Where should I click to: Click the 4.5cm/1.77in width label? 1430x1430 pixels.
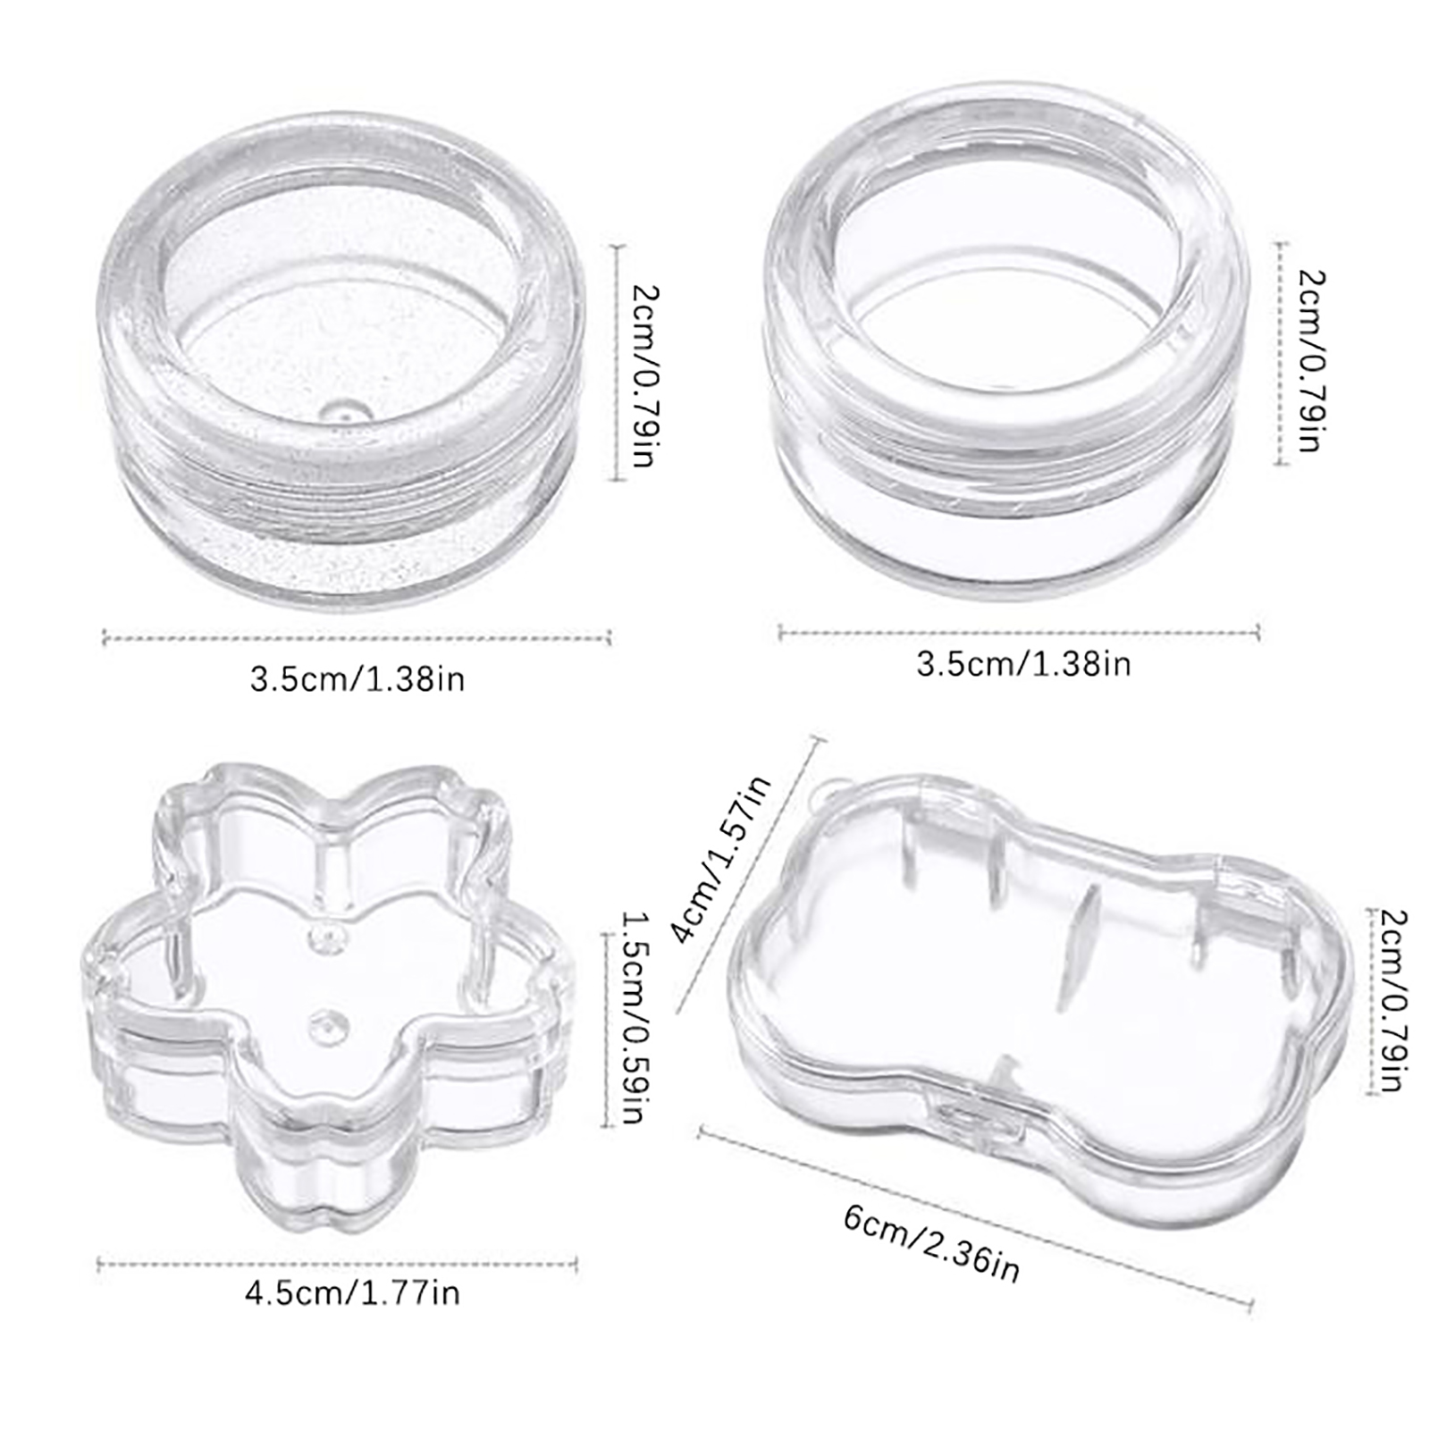click(352, 1293)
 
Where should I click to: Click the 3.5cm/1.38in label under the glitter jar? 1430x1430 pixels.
click(357, 679)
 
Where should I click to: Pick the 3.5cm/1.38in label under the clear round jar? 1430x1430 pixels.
click(1023, 664)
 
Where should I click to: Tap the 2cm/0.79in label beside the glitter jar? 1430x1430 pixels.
click(644, 375)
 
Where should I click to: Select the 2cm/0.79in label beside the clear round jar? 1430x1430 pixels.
click(1309, 360)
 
